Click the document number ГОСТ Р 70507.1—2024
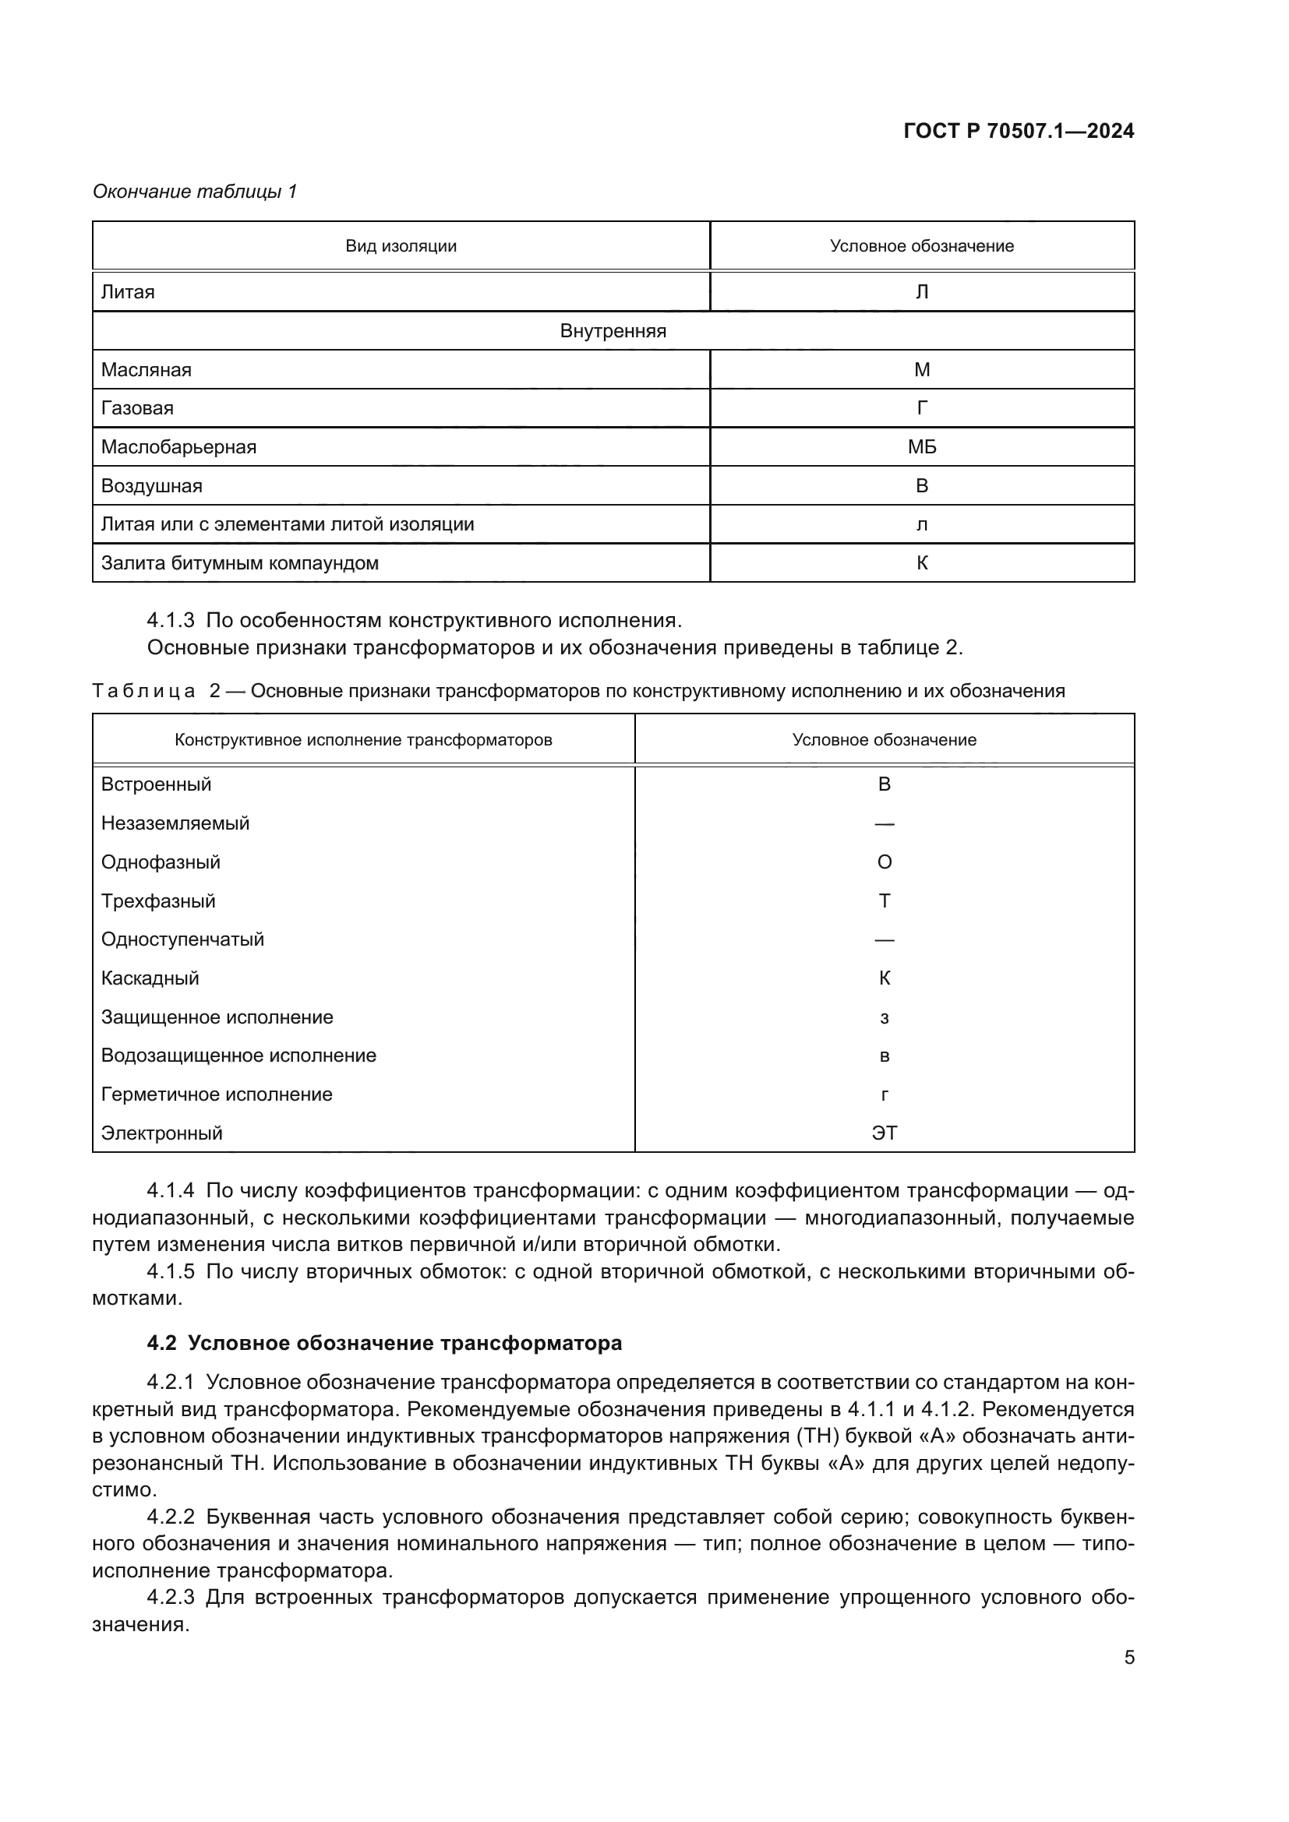coord(1019,132)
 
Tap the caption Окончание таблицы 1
coord(195,192)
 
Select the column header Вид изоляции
coord(401,246)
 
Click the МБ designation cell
coord(921,447)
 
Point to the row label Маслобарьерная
coord(178,447)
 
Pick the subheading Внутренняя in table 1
coord(613,331)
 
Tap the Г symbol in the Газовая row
coord(921,408)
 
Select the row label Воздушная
coord(152,485)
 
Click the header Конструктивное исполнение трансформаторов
coord(363,739)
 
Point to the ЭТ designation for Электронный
coord(885,1133)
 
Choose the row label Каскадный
coord(150,978)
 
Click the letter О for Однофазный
coord(885,862)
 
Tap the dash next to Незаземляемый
coord(885,823)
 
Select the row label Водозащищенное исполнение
coord(239,1055)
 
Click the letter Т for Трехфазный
coord(885,901)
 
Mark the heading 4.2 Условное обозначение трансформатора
coord(384,1343)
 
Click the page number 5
coord(1128,1657)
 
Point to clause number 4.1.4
coord(171,1190)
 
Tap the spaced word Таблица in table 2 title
coord(143,691)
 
